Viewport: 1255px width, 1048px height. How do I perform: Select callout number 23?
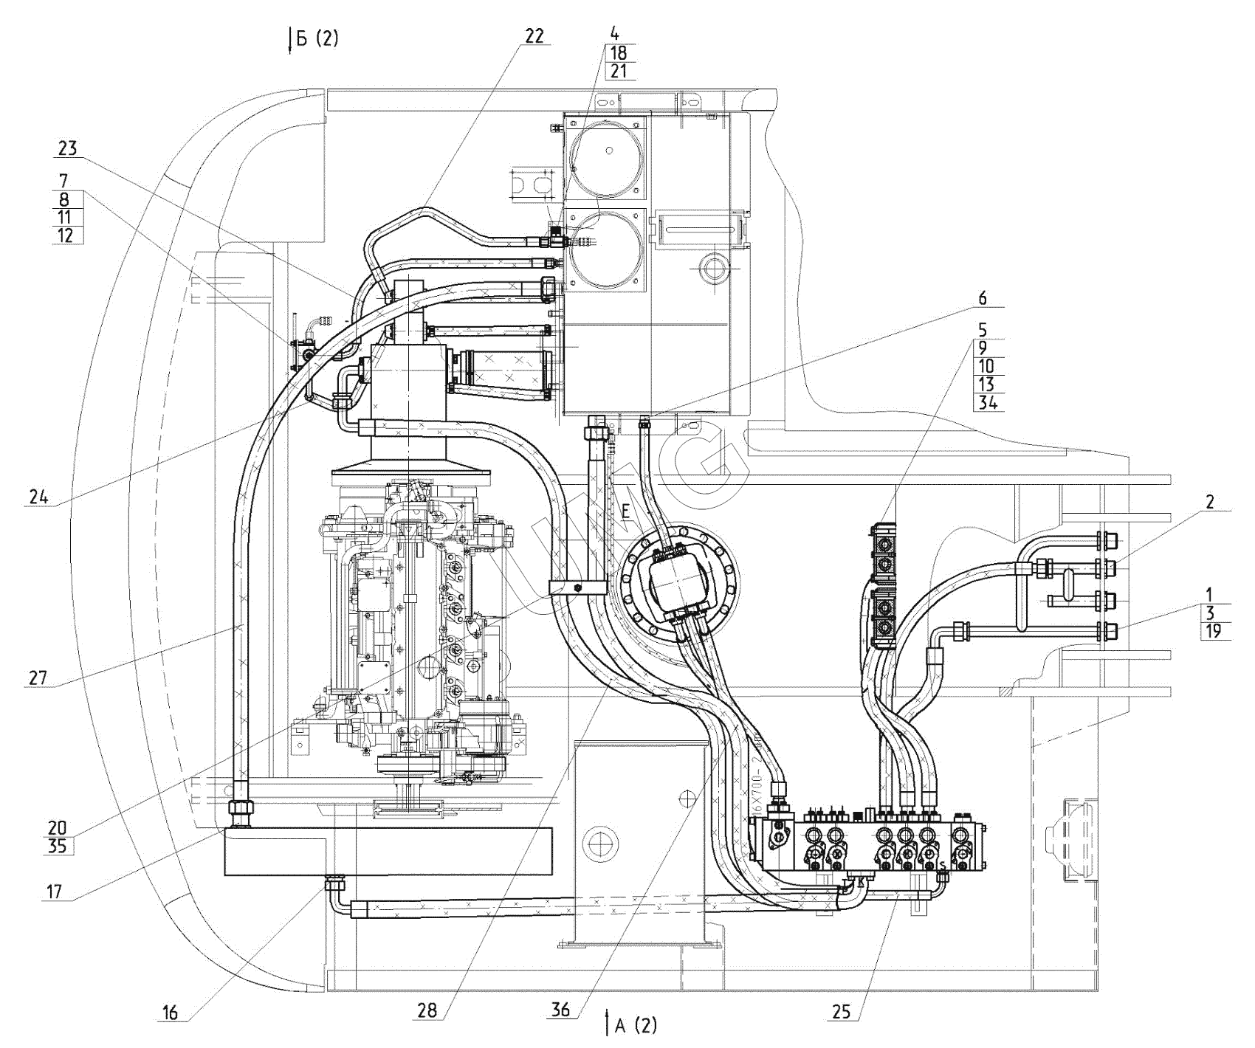68,148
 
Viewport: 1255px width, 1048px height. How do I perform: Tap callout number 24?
38,497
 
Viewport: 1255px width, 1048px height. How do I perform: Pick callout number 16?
170,1013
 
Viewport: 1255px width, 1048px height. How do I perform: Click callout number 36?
561,1010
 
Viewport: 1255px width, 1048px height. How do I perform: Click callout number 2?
1210,503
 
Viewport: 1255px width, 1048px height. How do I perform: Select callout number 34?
988,403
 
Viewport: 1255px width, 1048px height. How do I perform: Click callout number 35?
57,845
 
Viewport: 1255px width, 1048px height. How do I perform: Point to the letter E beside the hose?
625,511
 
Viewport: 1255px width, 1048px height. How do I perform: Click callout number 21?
619,71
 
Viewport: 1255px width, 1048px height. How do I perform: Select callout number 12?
68,235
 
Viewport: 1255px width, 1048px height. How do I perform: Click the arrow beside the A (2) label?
606,1024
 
